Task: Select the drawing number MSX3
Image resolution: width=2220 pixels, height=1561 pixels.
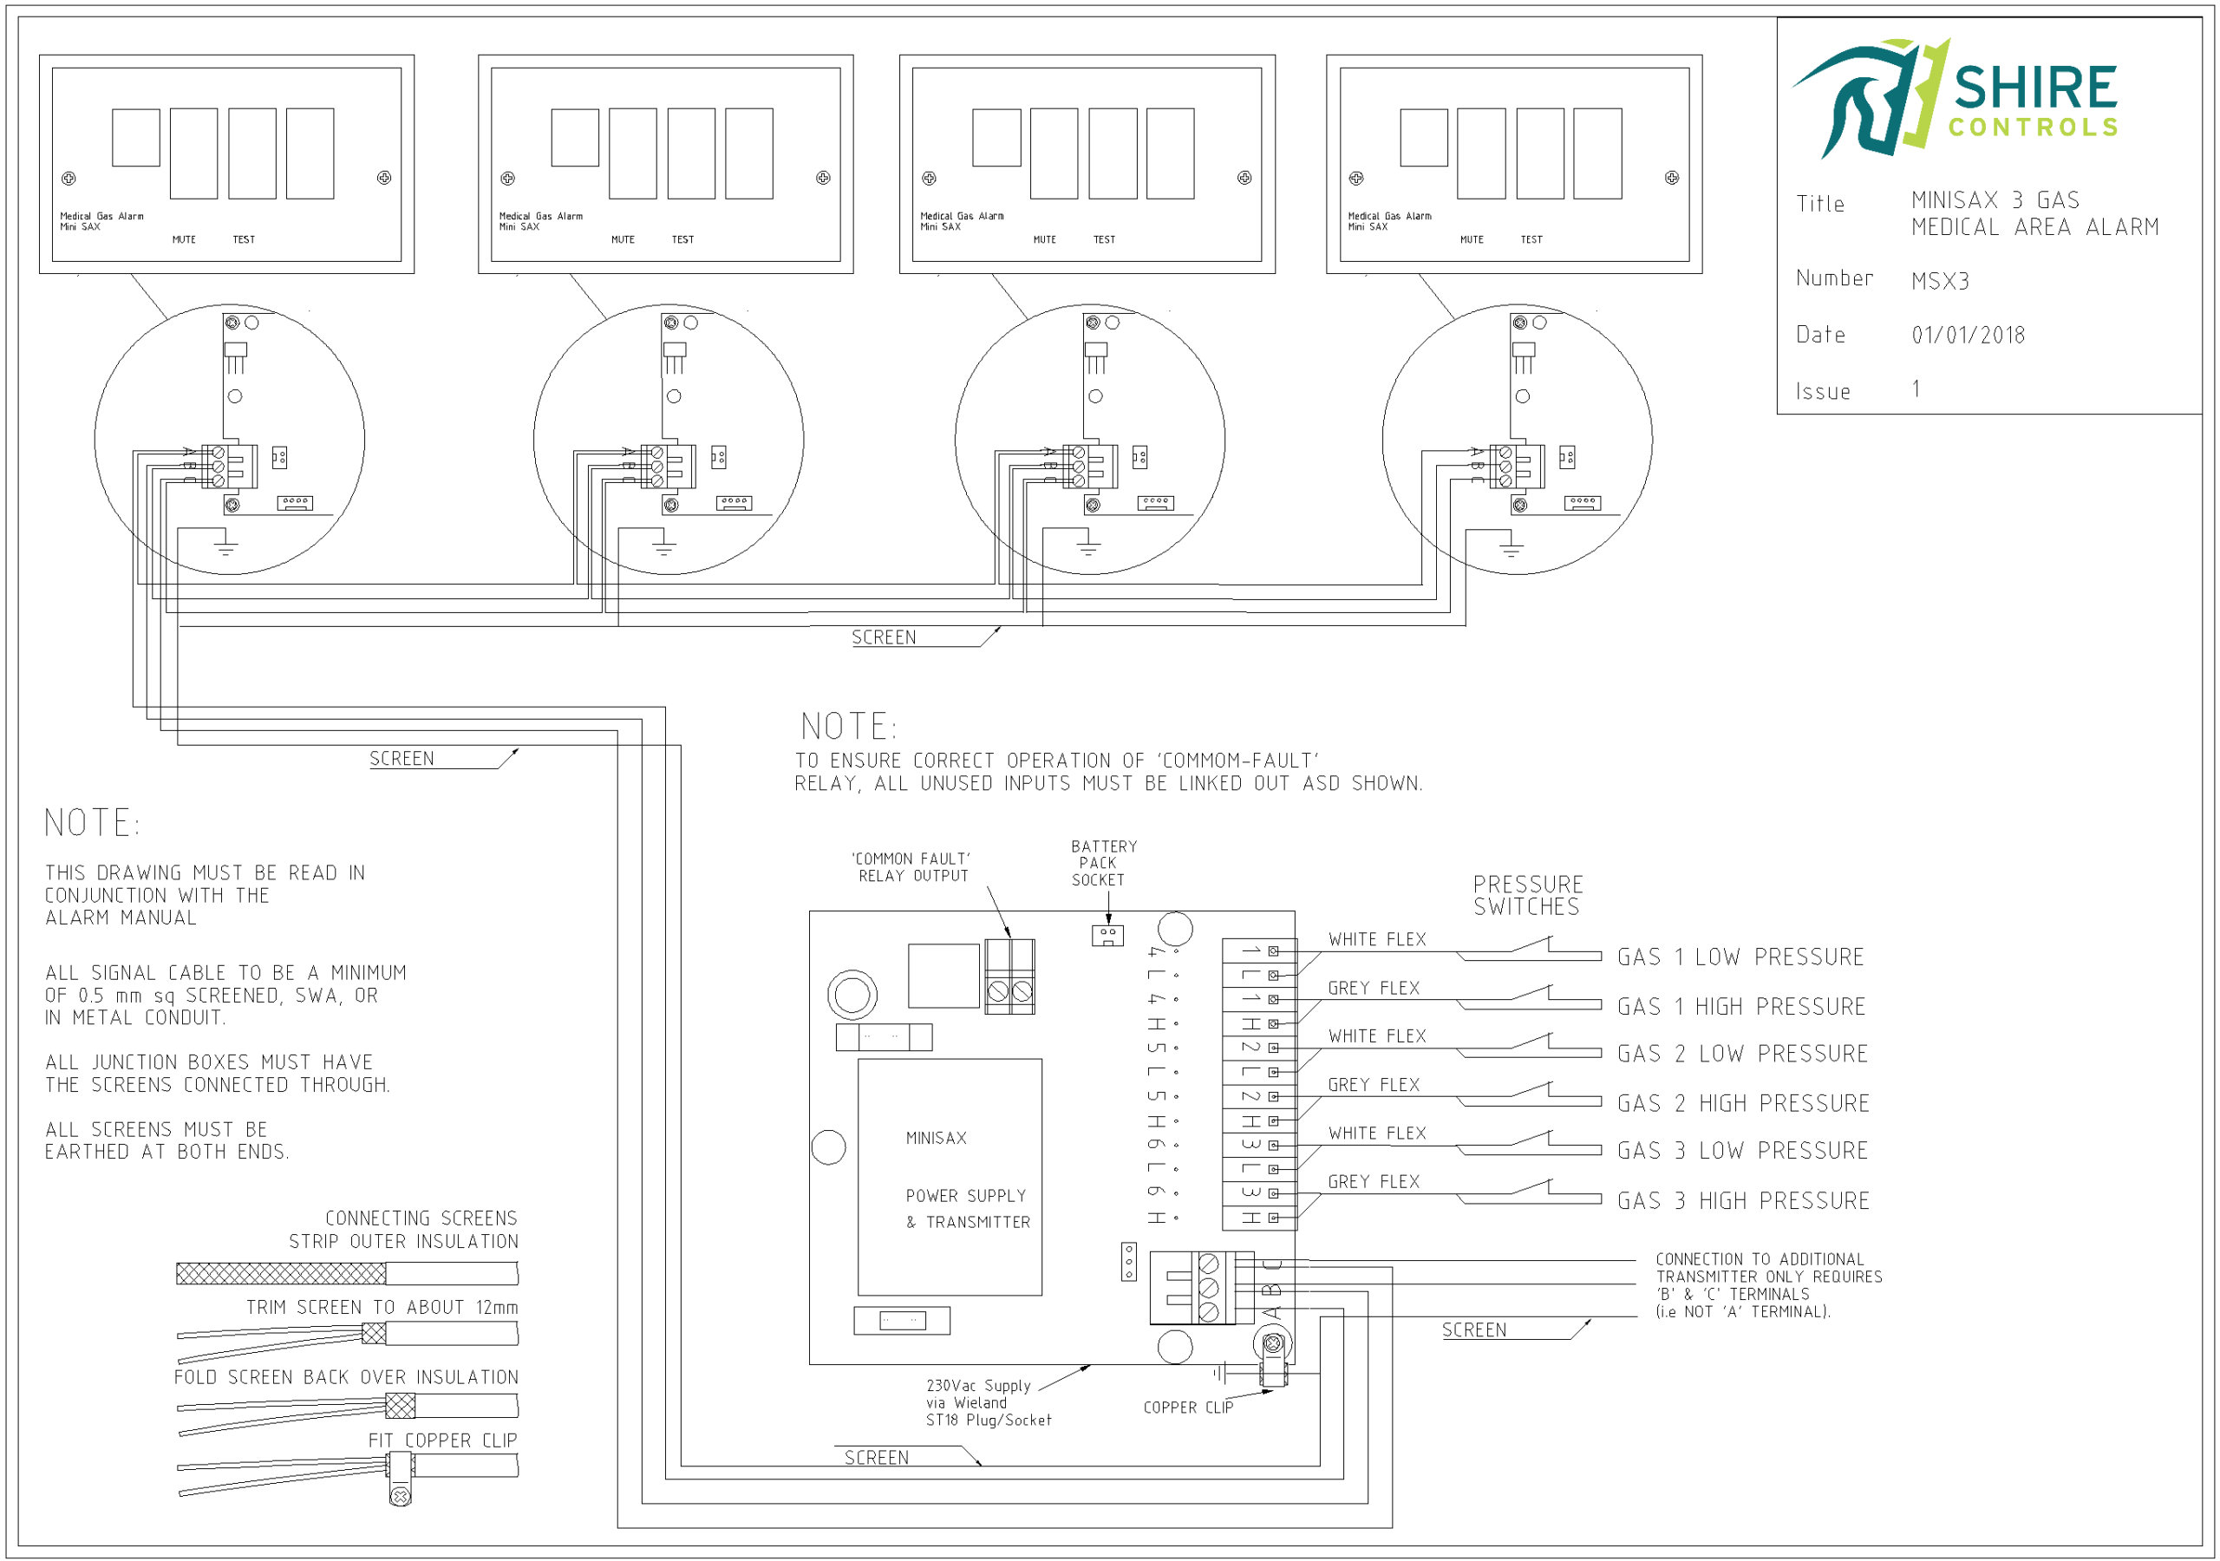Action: (1940, 282)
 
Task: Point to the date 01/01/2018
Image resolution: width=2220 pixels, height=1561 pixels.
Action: (1968, 336)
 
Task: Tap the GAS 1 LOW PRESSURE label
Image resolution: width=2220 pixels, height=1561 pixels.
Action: (1740, 957)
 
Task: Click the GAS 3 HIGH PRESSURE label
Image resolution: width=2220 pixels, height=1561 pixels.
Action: (1743, 1201)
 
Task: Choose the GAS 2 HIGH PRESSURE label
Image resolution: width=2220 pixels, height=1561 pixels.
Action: (1743, 1103)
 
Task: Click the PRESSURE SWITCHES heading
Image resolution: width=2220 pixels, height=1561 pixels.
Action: (1528, 896)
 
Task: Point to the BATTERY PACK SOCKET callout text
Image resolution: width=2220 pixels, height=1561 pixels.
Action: (1103, 863)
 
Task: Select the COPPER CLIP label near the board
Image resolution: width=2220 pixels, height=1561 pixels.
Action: (1188, 1408)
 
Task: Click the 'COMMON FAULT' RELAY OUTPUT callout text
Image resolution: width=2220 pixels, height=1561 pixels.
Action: (911, 867)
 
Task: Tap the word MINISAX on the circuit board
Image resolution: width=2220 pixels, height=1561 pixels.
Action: (936, 1139)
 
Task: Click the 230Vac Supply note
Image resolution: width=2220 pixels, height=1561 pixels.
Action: (987, 1402)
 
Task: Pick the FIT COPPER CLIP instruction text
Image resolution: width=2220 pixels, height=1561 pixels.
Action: (443, 1441)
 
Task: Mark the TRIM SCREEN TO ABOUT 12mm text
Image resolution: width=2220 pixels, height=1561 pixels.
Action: (382, 1308)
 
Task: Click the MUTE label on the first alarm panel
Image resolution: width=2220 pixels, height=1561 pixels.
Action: (184, 240)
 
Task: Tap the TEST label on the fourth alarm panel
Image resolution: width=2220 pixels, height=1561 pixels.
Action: (1531, 240)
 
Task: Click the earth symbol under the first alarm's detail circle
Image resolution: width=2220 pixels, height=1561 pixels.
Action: (225, 547)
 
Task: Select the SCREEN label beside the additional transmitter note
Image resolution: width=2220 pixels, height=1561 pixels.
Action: (1473, 1331)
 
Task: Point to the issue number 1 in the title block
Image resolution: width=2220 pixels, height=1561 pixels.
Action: (1916, 389)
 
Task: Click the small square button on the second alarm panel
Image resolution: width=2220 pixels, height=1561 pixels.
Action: (574, 137)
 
